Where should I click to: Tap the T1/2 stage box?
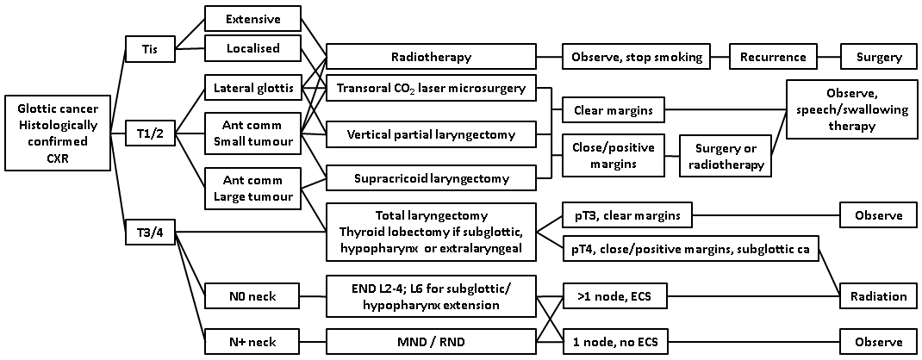(x=149, y=133)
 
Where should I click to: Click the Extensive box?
(x=252, y=18)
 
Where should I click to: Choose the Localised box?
(x=252, y=48)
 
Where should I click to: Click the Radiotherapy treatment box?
(x=430, y=58)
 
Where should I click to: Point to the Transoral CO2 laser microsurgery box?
(x=430, y=88)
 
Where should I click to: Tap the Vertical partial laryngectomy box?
(x=430, y=134)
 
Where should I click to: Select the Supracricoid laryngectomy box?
(x=430, y=178)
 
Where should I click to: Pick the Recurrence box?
(x=773, y=58)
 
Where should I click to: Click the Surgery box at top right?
(x=879, y=58)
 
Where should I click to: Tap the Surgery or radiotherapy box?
(x=726, y=154)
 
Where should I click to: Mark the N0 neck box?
(x=252, y=297)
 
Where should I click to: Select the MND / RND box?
(x=430, y=341)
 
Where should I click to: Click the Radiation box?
(x=879, y=296)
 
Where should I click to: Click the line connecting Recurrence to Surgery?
(x=828, y=58)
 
